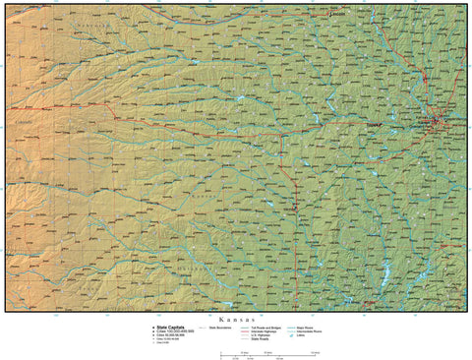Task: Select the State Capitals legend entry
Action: coord(168,327)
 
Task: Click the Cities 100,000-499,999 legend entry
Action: coord(172,330)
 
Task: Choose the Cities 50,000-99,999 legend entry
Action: coord(170,334)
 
